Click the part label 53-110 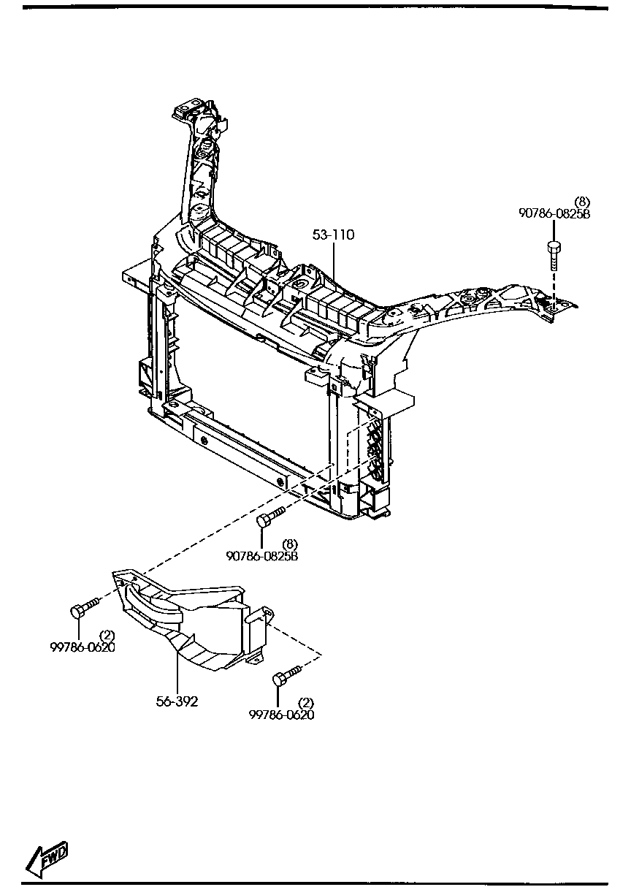pos(334,235)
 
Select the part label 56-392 pos(177,701)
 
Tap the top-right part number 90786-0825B pos(554,214)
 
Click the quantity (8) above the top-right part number pos(581,202)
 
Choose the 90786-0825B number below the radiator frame pos(261,555)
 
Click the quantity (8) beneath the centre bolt pos(290,544)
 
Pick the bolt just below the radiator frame pos(269,519)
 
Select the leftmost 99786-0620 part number pos(83,647)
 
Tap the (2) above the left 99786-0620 pos(107,634)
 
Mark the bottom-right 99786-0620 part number pos(281,715)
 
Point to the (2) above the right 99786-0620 pos(306,703)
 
